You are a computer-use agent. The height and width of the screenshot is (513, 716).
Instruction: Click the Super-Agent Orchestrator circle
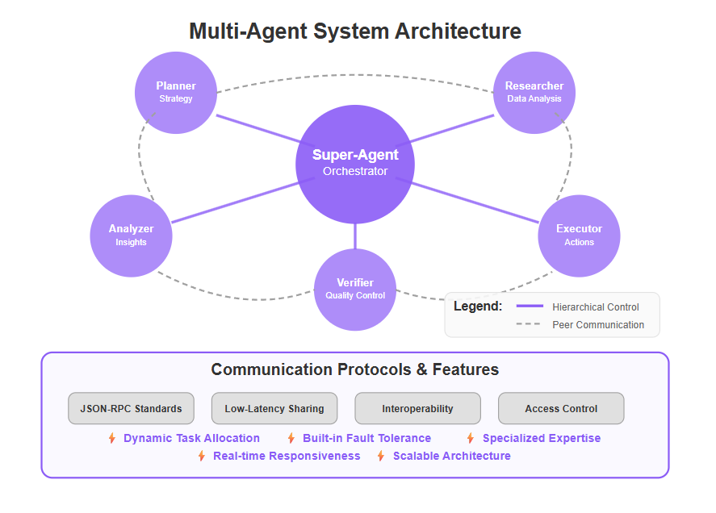point(355,165)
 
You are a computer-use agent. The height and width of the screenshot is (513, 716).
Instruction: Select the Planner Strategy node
point(176,93)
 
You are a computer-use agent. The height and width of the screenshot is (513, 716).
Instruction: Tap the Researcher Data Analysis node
point(534,93)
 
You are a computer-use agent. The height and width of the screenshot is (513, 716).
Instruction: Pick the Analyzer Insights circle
point(131,236)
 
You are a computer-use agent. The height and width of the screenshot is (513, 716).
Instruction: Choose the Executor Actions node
point(579,236)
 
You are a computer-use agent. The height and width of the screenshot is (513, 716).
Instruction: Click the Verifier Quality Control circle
point(355,290)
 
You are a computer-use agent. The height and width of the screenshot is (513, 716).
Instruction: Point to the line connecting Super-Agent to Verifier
point(355,236)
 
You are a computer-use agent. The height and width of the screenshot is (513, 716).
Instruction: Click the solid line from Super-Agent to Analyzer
point(243,200)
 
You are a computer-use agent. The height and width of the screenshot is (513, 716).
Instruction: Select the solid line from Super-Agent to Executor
point(467,200)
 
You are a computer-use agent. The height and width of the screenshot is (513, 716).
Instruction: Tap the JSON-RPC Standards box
point(131,408)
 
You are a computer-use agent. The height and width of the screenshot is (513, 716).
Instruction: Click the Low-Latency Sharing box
point(274,408)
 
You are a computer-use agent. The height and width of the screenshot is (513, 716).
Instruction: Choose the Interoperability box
point(418,408)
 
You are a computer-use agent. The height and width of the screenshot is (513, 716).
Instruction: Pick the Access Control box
point(561,408)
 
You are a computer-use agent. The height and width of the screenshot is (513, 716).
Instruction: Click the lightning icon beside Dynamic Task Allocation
point(112,438)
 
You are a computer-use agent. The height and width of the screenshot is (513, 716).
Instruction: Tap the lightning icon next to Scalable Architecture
point(381,456)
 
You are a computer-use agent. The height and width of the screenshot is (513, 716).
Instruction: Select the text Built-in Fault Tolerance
point(366,438)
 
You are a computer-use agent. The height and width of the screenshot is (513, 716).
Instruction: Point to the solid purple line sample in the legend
point(530,306)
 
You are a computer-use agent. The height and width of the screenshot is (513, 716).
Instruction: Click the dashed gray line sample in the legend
point(529,324)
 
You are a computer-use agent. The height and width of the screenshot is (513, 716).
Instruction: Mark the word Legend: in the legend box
point(478,307)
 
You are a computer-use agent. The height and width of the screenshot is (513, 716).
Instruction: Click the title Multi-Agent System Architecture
point(355,31)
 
